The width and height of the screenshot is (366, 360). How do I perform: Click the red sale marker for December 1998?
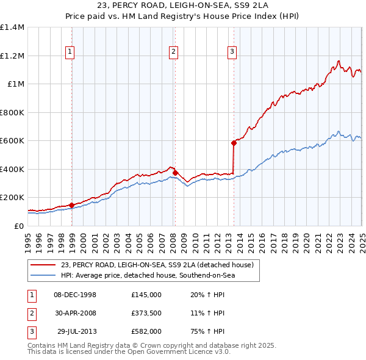(x=72, y=205)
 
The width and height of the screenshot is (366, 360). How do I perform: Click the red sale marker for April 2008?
(x=175, y=173)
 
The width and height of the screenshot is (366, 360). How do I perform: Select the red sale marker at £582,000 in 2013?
(x=234, y=143)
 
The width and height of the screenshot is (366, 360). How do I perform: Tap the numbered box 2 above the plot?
(x=174, y=52)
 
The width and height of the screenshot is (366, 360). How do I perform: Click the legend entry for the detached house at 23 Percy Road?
(x=152, y=265)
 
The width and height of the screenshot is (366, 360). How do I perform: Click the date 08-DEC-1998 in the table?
(x=75, y=295)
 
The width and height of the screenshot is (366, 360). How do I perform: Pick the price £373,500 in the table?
(x=146, y=313)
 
